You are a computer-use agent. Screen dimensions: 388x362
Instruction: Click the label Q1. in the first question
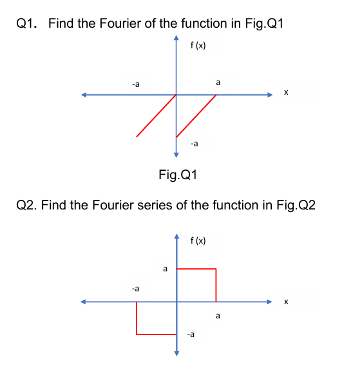coord(26,24)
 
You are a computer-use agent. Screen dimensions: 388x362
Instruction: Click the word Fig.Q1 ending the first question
coord(265,24)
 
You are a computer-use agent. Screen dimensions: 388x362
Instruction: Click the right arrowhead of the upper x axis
coord(272,95)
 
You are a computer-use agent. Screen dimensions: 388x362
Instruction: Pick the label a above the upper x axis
coord(218,82)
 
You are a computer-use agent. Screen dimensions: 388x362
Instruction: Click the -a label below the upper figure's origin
coord(195,143)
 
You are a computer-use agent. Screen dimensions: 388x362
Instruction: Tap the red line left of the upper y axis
coord(156,116)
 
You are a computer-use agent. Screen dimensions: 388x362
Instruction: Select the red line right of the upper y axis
coord(196,116)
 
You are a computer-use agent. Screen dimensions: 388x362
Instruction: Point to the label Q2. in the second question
coord(26,206)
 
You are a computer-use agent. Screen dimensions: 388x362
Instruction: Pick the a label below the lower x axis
coord(218,316)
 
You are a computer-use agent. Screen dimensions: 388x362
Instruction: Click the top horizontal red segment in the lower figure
coord(196,268)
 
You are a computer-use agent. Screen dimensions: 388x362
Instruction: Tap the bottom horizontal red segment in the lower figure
coord(156,334)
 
